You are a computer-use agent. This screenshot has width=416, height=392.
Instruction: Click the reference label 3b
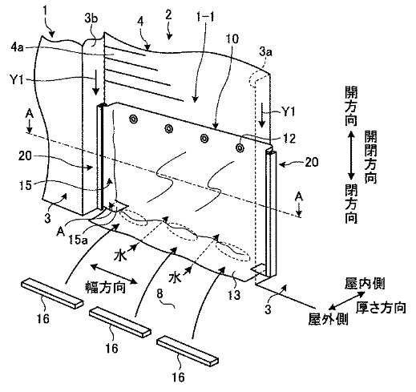[91, 20]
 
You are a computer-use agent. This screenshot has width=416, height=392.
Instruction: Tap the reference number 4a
[17, 48]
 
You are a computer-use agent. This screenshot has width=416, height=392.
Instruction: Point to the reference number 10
[232, 39]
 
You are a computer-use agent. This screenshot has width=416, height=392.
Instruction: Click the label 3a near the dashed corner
[265, 52]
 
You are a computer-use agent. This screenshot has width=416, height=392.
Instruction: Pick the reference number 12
[289, 138]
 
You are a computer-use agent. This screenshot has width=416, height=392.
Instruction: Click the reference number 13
[234, 295]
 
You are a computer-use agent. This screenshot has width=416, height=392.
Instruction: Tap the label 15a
[78, 240]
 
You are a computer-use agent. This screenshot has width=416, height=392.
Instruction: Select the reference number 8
[160, 294]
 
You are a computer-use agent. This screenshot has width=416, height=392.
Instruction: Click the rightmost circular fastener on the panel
[240, 148]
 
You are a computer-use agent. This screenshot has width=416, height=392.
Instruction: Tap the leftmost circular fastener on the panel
[132, 119]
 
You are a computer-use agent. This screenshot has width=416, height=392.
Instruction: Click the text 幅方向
[105, 288]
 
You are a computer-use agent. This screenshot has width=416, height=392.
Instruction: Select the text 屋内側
[365, 284]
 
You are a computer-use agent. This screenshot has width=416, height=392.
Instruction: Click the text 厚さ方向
[381, 308]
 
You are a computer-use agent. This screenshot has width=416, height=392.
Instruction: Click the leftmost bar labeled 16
[52, 293]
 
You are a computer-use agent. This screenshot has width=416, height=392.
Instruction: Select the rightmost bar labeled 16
[188, 350]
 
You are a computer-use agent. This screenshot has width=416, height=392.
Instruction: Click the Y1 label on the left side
[16, 80]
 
